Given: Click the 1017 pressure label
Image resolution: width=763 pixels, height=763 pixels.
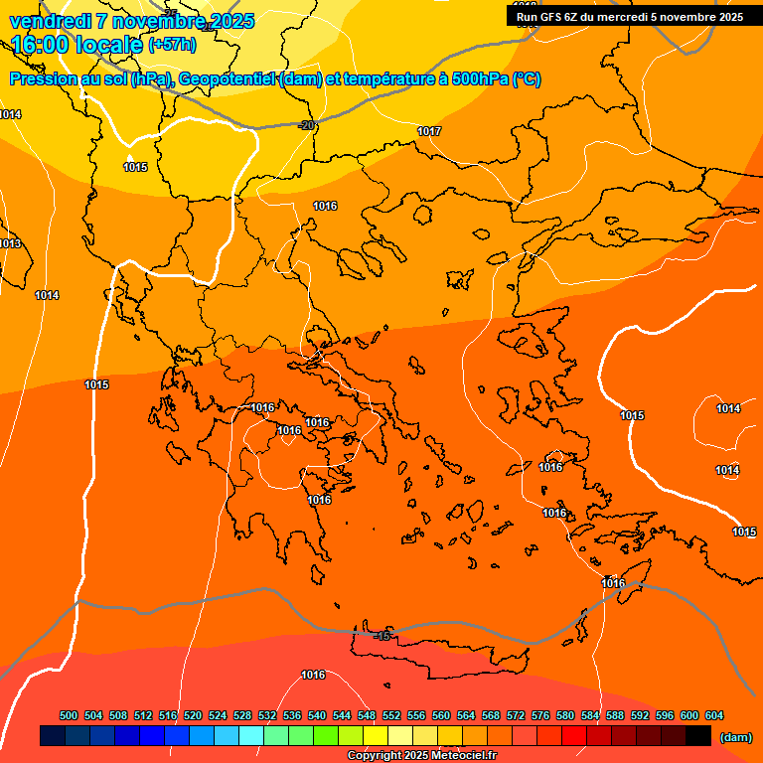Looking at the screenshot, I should click(x=429, y=131).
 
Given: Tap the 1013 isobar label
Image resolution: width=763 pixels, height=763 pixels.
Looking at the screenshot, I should click(x=10, y=243).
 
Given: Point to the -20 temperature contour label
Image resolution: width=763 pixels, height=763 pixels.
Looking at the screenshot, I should click(x=306, y=125).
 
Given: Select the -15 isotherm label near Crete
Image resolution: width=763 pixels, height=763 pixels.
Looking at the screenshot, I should click(x=383, y=635).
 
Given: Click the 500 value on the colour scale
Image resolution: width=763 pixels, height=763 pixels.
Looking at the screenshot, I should click(x=69, y=715).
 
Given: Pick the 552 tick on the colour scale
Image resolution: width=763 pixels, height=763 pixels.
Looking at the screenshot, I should click(x=391, y=715).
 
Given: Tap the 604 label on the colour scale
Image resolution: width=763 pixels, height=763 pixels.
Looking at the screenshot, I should click(x=714, y=715).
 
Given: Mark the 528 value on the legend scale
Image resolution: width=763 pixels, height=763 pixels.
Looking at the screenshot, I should click(x=242, y=715).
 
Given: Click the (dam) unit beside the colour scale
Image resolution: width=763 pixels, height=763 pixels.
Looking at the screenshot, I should click(x=735, y=736).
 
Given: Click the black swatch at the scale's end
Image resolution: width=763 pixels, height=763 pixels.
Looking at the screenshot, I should click(x=698, y=736).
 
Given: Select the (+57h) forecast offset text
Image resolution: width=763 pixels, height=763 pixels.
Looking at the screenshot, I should click(x=172, y=45).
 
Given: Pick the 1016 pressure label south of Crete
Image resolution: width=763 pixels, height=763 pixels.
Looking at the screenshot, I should click(x=313, y=675).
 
